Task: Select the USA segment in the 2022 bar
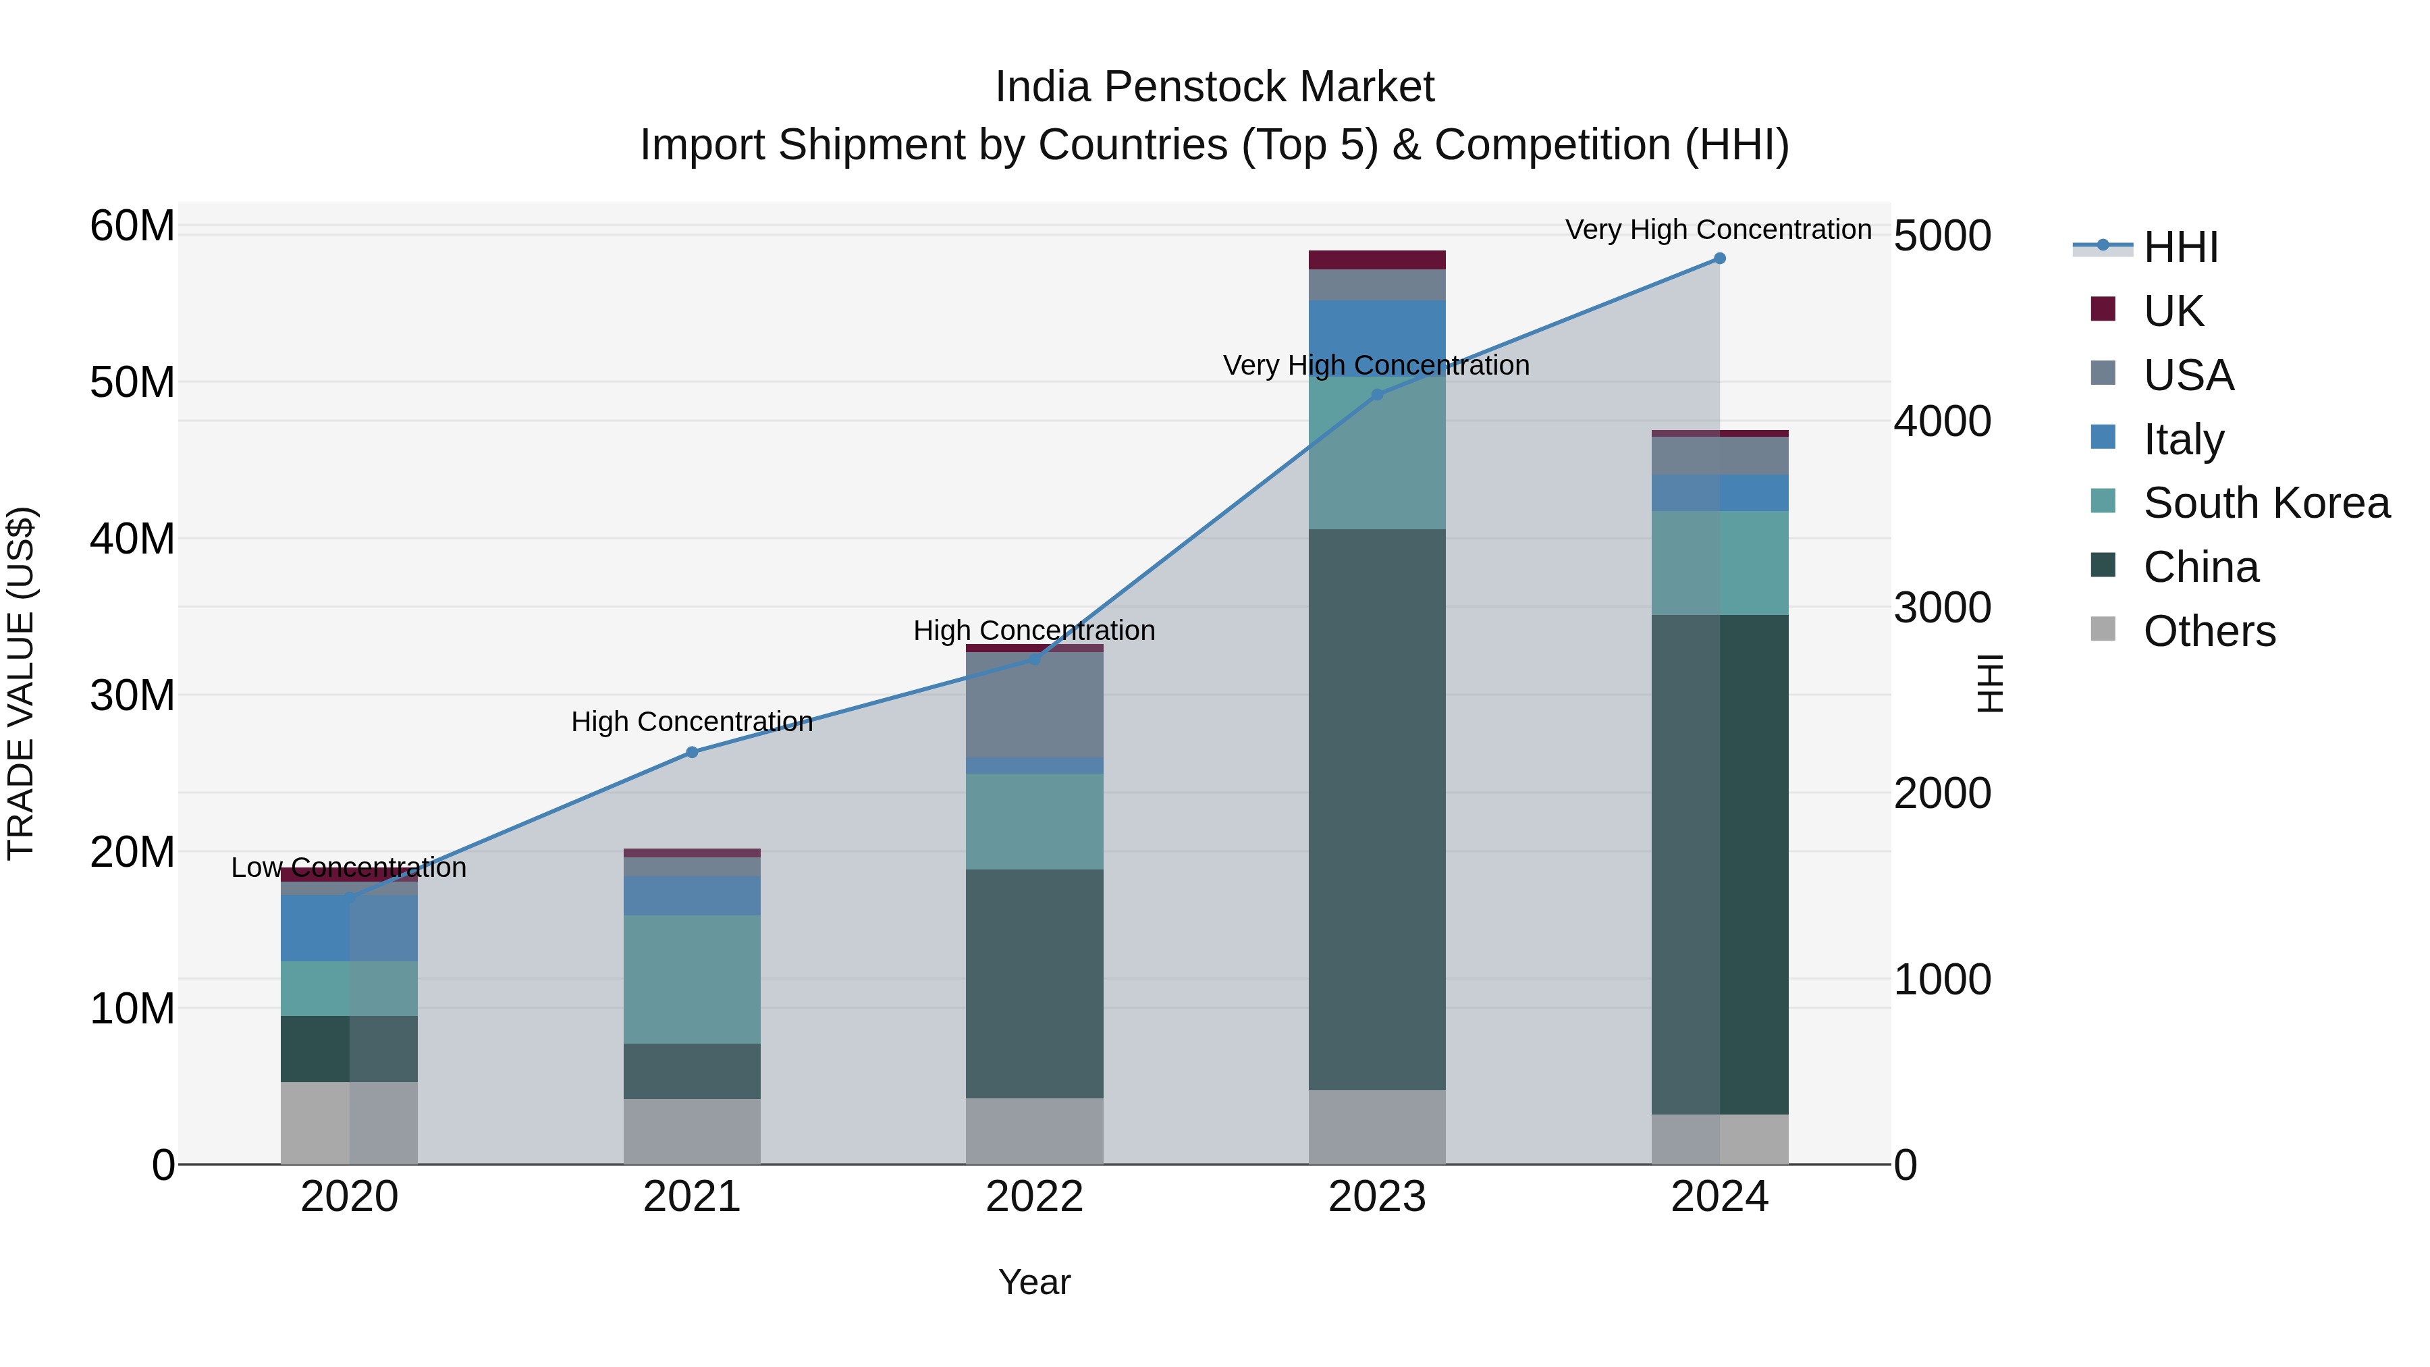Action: (x=1034, y=705)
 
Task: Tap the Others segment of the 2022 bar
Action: (x=1034, y=1131)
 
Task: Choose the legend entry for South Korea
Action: (x=2266, y=503)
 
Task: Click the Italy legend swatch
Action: (x=2103, y=437)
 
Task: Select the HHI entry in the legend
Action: (x=2180, y=247)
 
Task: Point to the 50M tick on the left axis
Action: (x=132, y=383)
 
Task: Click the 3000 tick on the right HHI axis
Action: (x=1941, y=608)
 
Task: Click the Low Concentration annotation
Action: (x=348, y=868)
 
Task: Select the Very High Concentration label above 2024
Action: (x=1718, y=230)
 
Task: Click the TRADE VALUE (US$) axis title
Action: (x=21, y=683)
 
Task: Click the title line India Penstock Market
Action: (x=1214, y=87)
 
